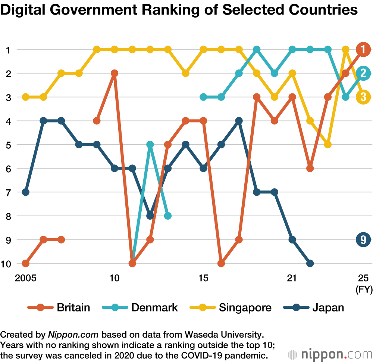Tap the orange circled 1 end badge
point(363,49)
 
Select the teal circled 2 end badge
point(363,73)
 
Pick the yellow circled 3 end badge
point(363,97)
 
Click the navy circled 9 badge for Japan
point(363,240)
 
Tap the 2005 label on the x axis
point(25,278)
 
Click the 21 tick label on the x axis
point(292,278)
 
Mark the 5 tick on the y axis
point(8,145)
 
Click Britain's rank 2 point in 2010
point(115,73)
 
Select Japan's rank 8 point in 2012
point(150,216)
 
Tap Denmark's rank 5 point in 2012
point(150,145)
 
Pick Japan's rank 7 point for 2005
point(25,192)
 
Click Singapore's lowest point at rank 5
point(328,145)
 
